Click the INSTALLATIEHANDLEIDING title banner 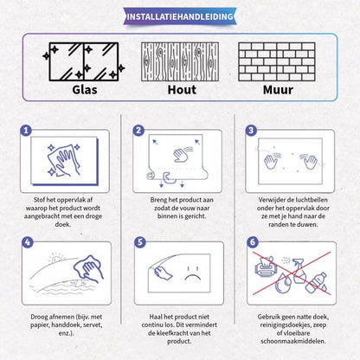click(x=180, y=16)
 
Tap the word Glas click(x=85, y=90)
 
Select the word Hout click(x=182, y=90)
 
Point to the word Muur click(x=278, y=90)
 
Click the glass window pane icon click(x=84, y=61)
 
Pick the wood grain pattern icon click(x=180, y=61)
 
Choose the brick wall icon click(x=277, y=61)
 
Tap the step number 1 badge click(x=26, y=131)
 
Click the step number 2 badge click(x=138, y=131)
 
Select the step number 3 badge click(x=251, y=131)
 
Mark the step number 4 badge click(x=28, y=242)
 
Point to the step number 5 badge click(x=140, y=242)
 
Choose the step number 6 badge click(x=253, y=242)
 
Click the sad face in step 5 click(x=193, y=273)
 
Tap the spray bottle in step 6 click(x=299, y=271)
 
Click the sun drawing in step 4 click(x=56, y=258)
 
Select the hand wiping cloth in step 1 click(x=64, y=160)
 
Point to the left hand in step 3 click(x=271, y=162)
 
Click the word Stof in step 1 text click(x=39, y=200)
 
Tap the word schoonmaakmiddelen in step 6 click(x=293, y=341)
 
